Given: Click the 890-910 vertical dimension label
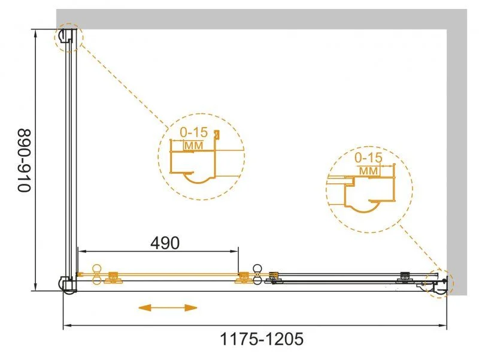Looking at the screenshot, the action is (x=25, y=161).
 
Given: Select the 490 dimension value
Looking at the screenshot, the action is (x=165, y=243).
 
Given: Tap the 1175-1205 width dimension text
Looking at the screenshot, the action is (x=262, y=339).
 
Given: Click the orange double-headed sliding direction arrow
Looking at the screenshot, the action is (x=168, y=308).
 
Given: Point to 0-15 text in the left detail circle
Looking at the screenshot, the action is (x=193, y=132).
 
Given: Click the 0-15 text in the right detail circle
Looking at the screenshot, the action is (x=368, y=158).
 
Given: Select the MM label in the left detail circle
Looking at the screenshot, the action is (x=193, y=146).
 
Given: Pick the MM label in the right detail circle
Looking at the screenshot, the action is (x=368, y=171).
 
